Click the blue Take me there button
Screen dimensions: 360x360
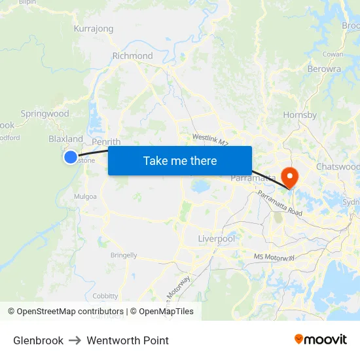coord(180,160)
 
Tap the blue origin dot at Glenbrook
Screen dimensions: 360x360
coord(71,156)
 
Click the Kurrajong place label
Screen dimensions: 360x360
coord(94,29)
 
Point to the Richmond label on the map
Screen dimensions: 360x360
coord(132,56)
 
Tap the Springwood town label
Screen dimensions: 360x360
coord(45,114)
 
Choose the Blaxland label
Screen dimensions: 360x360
coord(65,139)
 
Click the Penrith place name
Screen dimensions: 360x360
coord(106,142)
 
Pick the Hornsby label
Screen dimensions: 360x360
coord(300,115)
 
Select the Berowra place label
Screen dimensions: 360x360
coord(324,69)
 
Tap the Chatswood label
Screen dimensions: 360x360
coord(338,167)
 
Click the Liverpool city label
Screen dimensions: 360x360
coord(217,239)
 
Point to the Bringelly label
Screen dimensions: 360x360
coord(124,255)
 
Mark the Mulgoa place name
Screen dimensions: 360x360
coord(86,196)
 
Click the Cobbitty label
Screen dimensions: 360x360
coord(105,296)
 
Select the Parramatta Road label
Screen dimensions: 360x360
coord(279,204)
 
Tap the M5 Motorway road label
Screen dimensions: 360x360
coord(274,257)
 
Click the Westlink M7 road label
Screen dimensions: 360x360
coord(210,140)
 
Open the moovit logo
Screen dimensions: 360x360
coord(321,340)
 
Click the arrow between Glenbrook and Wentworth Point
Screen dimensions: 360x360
coord(75,340)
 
